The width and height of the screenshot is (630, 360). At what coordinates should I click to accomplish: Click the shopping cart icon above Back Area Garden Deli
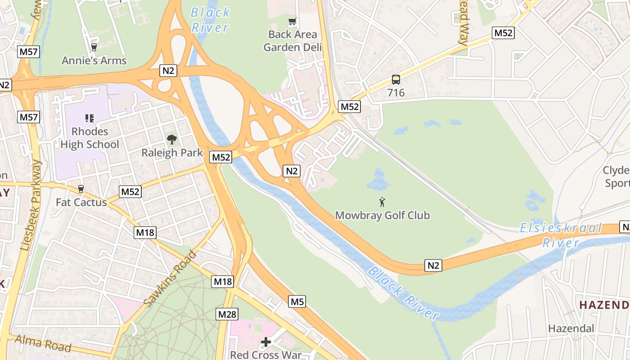coord(292,21)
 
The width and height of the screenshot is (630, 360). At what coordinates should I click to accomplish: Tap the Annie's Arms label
coord(94,60)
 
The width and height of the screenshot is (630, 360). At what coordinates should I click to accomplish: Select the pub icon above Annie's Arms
coord(94,47)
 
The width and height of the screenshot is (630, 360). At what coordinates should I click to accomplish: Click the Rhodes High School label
coord(90,138)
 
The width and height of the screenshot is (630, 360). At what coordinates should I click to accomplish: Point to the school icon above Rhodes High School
coord(90,118)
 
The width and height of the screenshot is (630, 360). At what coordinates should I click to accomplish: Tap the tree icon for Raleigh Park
coord(172,139)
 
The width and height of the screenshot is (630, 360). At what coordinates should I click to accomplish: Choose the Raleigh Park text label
coord(172,153)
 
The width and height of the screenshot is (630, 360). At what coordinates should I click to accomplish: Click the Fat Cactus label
coord(81,202)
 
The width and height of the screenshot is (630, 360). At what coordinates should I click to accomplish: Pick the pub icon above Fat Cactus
coord(81,189)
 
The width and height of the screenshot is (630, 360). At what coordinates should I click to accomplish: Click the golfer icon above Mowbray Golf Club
coord(382,202)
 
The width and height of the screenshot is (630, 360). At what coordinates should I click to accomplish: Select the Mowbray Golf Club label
coord(382,215)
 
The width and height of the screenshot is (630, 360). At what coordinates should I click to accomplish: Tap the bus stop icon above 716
coord(396,80)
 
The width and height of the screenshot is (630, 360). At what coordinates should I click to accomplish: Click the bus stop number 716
coord(396,93)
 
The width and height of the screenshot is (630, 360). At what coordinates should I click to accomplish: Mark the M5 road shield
coord(297,301)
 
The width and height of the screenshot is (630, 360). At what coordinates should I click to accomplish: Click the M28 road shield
coord(227,314)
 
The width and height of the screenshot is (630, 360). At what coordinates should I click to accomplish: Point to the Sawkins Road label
coord(171,279)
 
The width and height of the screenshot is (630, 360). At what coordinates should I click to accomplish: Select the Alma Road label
coord(43,343)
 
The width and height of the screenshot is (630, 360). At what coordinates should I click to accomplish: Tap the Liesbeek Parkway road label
coord(31,205)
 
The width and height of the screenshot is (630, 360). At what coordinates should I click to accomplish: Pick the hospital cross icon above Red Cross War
coord(266,342)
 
